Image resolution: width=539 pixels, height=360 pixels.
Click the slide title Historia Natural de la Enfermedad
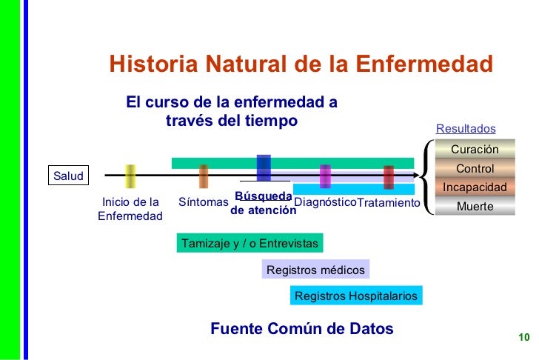(x=301, y=64)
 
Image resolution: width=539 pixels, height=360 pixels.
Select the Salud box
(x=68, y=176)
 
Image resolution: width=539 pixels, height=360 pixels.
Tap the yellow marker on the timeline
(x=130, y=176)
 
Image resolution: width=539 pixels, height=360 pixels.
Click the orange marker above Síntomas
(x=204, y=176)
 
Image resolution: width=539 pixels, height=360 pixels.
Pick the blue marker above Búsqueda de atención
(x=264, y=168)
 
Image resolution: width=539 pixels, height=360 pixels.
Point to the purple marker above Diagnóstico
(x=325, y=176)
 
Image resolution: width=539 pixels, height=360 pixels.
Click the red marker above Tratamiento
(x=389, y=177)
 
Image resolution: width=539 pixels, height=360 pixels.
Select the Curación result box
(x=475, y=150)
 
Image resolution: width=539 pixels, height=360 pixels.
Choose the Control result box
(x=475, y=169)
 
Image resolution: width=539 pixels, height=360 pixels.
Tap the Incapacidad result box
(x=475, y=187)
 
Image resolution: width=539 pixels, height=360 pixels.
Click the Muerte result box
(x=475, y=207)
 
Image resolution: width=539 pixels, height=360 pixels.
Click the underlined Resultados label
(x=466, y=129)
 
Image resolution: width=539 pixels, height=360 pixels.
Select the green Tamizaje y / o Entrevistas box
(x=250, y=244)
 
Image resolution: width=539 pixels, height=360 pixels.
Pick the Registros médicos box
(x=315, y=270)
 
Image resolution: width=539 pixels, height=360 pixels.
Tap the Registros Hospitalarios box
(x=356, y=296)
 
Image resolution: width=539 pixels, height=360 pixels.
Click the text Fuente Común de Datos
(x=302, y=328)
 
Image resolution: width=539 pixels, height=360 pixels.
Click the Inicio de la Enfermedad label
(x=130, y=209)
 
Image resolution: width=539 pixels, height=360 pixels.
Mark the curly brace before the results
(x=427, y=178)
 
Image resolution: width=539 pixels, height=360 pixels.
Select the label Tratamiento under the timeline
(x=388, y=203)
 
